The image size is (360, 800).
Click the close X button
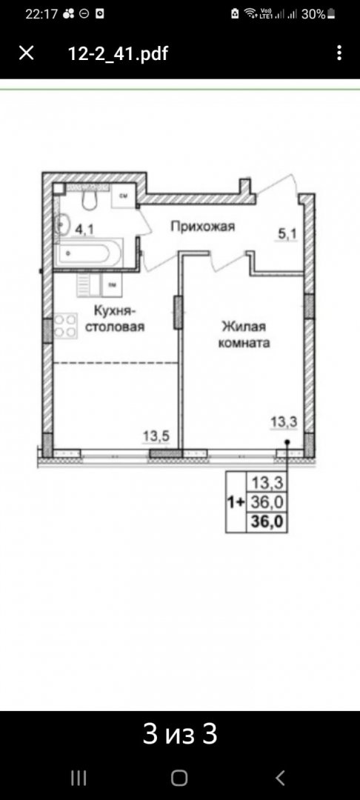tap(26, 53)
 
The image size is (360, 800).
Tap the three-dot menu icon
tap(339, 53)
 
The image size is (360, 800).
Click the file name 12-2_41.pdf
tap(118, 53)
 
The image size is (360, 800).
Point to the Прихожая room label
tap(202, 227)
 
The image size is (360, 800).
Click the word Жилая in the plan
tap(241, 326)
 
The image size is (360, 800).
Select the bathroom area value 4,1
tap(84, 229)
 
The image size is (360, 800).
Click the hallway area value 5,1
tap(287, 235)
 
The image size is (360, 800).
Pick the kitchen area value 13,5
tap(156, 436)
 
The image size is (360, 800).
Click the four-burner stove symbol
tap(65, 326)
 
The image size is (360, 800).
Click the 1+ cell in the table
tap(236, 501)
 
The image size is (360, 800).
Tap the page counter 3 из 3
tap(180, 733)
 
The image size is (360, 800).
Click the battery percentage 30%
tap(313, 13)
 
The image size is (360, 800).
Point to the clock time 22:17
tap(41, 13)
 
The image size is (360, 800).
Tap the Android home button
tap(179, 777)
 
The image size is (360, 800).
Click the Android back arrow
tap(280, 777)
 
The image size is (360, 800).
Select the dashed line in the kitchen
tap(116, 362)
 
